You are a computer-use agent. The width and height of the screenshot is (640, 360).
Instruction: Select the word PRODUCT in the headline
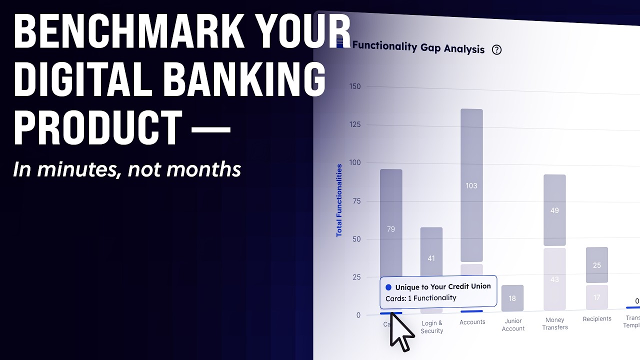click(97, 128)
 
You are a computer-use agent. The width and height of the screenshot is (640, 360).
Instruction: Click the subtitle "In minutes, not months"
click(127, 170)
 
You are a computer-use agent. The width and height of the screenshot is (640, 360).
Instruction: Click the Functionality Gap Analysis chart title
click(418, 47)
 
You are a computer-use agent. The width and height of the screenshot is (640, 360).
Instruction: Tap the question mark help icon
click(496, 49)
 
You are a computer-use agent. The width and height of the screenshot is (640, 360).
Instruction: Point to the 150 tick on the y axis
click(355, 86)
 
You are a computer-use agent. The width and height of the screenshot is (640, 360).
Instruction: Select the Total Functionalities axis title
click(339, 200)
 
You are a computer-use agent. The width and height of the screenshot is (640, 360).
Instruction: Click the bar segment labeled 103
click(471, 185)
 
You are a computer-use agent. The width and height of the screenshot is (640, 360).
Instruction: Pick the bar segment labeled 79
click(391, 229)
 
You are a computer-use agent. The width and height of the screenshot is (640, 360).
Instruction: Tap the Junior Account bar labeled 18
click(512, 298)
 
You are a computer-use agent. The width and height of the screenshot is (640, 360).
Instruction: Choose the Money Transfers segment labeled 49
click(554, 210)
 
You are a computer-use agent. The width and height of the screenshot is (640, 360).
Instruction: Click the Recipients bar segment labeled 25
click(597, 265)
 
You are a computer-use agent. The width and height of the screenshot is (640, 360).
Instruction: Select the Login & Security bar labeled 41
click(431, 258)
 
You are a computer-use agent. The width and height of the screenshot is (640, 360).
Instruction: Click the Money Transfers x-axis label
click(555, 323)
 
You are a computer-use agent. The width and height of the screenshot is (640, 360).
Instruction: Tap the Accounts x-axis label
click(472, 322)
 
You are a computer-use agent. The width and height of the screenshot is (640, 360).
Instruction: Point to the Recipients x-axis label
click(597, 319)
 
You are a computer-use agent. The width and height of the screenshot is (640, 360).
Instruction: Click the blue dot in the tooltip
click(388, 287)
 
